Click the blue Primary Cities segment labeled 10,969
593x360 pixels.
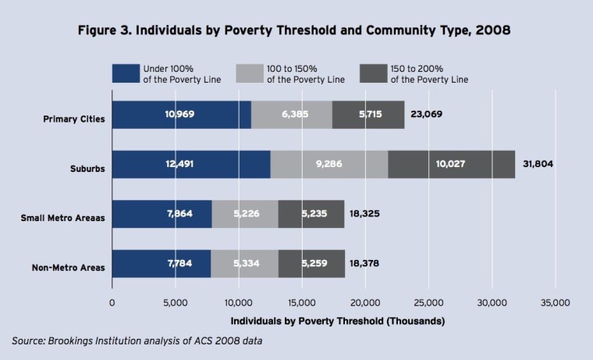182,115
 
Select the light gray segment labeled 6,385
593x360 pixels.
292,115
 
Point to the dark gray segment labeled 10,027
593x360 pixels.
451,164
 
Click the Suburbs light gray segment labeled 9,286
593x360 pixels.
328,164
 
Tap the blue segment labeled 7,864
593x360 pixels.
162,214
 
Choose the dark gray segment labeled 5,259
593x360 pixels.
311,264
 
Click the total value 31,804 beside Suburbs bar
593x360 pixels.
536,165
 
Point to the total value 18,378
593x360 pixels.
366,265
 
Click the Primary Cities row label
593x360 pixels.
74,120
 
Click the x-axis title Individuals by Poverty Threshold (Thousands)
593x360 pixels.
338,321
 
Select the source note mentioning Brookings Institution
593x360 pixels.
137,340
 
